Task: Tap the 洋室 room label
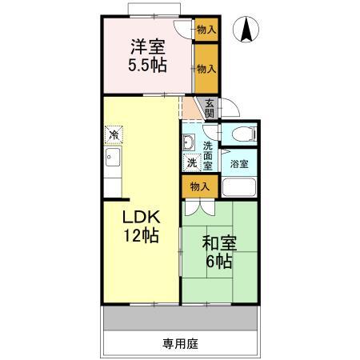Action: (x=150, y=46)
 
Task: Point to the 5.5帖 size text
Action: (x=150, y=66)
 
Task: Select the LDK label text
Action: (x=142, y=216)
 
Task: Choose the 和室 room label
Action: (x=218, y=242)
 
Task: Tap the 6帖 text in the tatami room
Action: (x=218, y=262)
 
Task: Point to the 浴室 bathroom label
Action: (x=238, y=163)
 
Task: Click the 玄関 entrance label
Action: (x=209, y=107)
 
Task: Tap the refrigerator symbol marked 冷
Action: (x=115, y=134)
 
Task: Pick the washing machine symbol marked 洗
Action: (x=191, y=162)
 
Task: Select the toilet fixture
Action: (x=238, y=134)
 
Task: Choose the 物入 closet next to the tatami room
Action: (x=199, y=186)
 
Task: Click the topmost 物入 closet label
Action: (x=206, y=30)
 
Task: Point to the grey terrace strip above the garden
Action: (x=180, y=318)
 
